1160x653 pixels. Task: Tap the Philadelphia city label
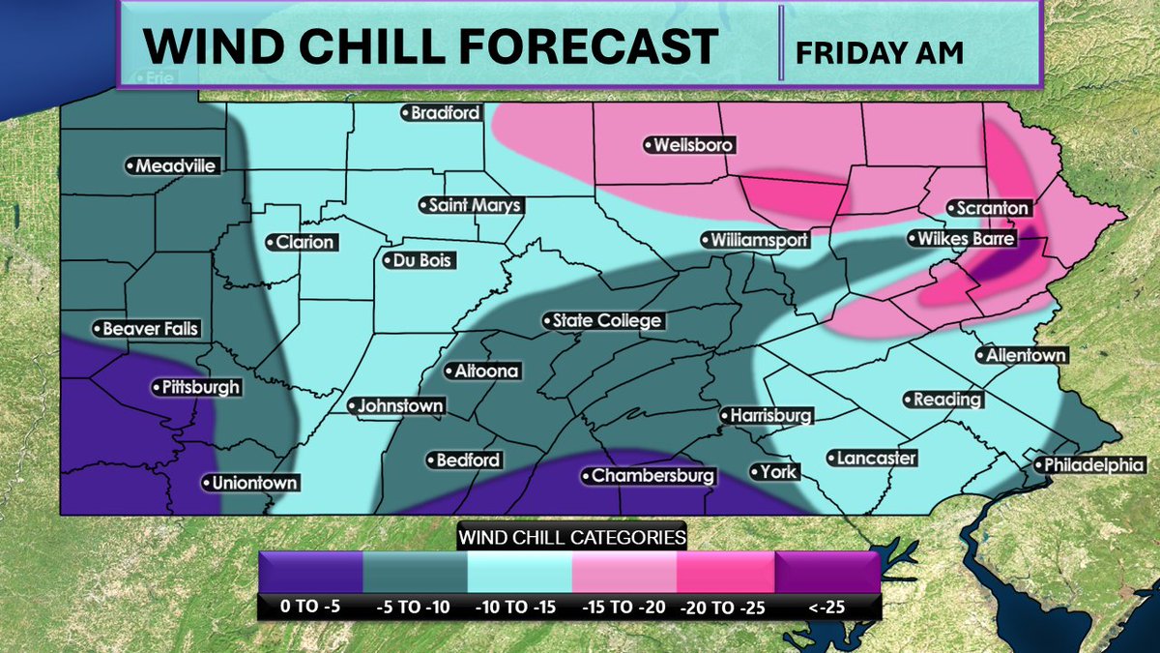click(1089, 465)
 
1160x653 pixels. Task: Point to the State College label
click(602, 320)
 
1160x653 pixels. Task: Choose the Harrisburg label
click(768, 416)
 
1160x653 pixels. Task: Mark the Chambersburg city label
click(650, 476)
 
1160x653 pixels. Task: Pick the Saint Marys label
click(471, 205)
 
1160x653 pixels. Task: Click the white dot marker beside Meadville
click(130, 166)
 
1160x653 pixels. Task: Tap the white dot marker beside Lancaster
click(831, 459)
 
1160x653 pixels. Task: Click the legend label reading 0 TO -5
click(310, 607)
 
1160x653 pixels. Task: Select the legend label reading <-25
click(827, 607)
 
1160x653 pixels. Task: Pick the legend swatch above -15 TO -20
click(622, 572)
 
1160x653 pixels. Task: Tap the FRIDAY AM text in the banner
click(879, 53)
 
